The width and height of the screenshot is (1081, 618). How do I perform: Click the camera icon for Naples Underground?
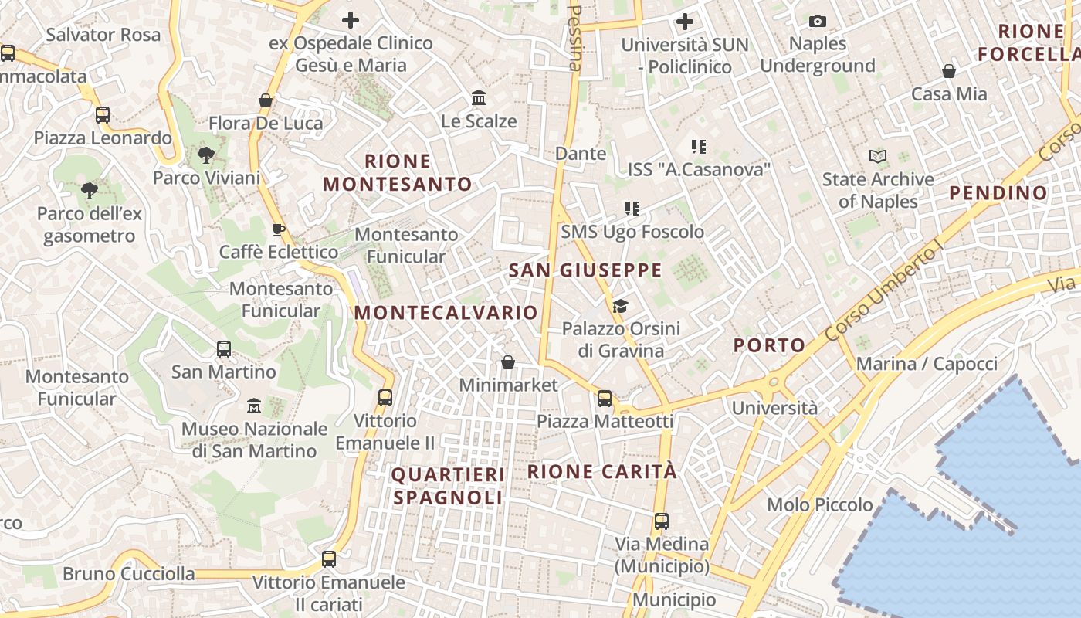pos(818,21)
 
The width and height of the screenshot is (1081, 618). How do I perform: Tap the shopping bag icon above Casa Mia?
pos(949,72)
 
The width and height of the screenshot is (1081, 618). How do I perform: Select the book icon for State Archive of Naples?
pos(878,157)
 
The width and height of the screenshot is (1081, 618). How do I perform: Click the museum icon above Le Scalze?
pos(479,98)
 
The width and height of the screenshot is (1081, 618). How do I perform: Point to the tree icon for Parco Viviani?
pos(205,155)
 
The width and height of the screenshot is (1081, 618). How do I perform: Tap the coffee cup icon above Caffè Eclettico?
pos(279,229)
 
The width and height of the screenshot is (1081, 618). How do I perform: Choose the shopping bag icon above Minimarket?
pos(508,362)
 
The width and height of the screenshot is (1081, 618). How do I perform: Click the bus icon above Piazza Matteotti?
pos(605,399)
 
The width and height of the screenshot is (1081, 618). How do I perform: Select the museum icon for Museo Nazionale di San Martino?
pos(254,406)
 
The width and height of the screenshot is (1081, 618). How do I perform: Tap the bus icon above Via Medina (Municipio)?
pos(662,521)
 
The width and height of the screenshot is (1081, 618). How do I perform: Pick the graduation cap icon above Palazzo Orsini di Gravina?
pos(620,307)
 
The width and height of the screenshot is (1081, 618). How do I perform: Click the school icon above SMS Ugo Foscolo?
pos(632,209)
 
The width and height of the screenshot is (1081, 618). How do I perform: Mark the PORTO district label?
pos(769,345)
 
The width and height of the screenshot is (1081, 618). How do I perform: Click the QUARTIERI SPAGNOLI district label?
pos(448,486)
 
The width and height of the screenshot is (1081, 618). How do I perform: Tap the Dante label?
pos(581,154)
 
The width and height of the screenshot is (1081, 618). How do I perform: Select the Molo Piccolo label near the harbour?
pos(820,505)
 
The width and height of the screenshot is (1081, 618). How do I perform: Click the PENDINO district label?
pos(998,193)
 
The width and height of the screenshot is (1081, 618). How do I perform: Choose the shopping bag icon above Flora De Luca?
pos(266,100)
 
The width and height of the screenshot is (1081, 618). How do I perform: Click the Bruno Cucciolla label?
pos(129,574)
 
